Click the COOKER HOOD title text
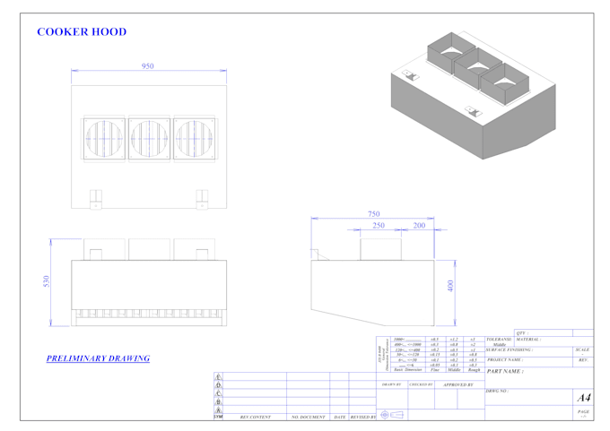pos(82,32)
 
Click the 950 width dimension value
pos(148,66)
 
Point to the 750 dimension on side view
pos(374,213)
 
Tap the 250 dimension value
pos(379,226)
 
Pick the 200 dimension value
pos(418,226)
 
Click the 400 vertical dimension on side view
pos(450,285)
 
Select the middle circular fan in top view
pos(148,140)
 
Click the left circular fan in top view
pos(103,140)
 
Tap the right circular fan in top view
pos(193,140)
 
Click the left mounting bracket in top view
pos(97,198)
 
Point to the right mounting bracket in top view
pos(201,198)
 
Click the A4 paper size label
pos(583,397)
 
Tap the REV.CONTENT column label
pos(255,417)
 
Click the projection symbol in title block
pos(391,415)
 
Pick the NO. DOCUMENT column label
pos(307,417)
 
